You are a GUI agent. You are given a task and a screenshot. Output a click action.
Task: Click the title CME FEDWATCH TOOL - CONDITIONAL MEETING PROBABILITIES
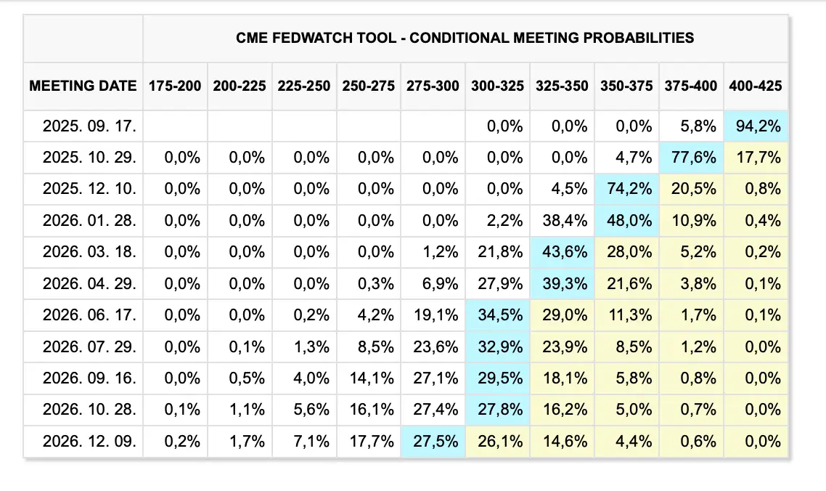pyautogui.click(x=465, y=38)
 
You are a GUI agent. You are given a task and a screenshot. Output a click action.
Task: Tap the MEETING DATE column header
pyautogui.click(x=83, y=86)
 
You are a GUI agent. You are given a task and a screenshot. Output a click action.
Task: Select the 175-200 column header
pyautogui.click(x=175, y=86)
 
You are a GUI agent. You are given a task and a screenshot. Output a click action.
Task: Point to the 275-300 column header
pyautogui.click(x=433, y=86)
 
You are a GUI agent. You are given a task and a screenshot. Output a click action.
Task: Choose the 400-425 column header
pyautogui.click(x=756, y=86)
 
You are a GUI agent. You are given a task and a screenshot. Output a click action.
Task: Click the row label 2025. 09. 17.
pyautogui.click(x=89, y=126)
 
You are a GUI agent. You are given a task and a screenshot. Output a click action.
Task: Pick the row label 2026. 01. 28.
pyautogui.click(x=89, y=221)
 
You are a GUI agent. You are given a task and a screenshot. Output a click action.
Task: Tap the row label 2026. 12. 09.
pyautogui.click(x=89, y=442)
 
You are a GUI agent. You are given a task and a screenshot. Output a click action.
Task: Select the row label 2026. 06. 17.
pyautogui.click(x=89, y=315)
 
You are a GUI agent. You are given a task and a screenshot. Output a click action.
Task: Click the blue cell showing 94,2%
pyautogui.click(x=756, y=126)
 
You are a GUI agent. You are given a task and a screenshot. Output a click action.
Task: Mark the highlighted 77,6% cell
pyautogui.click(x=691, y=157)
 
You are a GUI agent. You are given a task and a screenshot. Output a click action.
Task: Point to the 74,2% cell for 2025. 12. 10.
pyautogui.click(x=627, y=189)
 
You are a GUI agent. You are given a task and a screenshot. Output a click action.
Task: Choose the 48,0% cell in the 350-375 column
pyautogui.click(x=627, y=221)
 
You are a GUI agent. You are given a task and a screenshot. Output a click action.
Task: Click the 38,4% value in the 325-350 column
pyautogui.click(x=565, y=221)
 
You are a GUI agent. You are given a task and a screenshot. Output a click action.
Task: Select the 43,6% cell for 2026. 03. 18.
pyautogui.click(x=562, y=252)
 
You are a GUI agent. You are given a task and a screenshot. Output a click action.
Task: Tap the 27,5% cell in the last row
pyautogui.click(x=433, y=442)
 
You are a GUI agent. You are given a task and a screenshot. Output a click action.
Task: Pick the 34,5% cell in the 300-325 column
pyautogui.click(x=498, y=315)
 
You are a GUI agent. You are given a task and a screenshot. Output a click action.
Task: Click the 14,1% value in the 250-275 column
pyautogui.click(x=372, y=378)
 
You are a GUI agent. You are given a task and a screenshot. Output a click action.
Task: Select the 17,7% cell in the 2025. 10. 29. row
pyautogui.click(x=756, y=157)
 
